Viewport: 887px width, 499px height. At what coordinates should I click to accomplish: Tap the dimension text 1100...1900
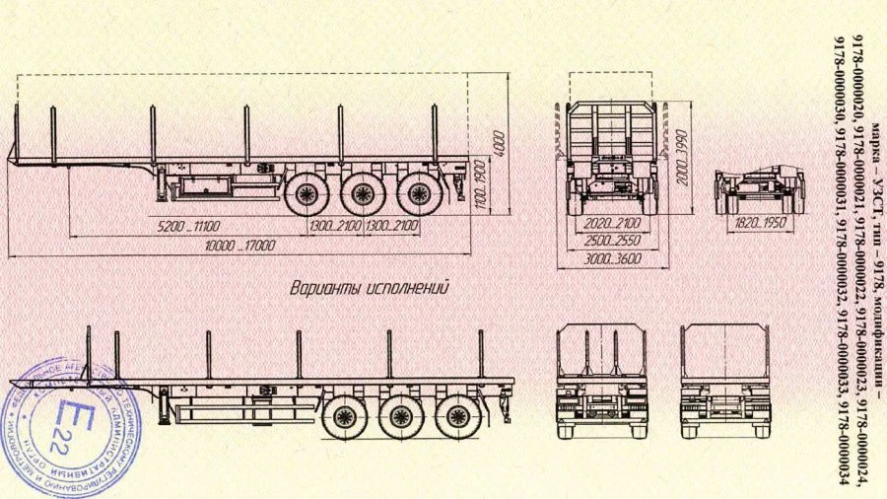click(480, 182)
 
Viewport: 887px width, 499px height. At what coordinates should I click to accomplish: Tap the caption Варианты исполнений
click(370, 289)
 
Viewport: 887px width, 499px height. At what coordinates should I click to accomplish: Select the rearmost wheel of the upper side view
click(420, 193)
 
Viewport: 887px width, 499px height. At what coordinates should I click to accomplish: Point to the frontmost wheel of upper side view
click(306, 193)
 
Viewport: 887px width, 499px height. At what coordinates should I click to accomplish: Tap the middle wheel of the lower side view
click(401, 417)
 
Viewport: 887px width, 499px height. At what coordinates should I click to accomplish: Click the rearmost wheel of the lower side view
click(458, 417)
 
